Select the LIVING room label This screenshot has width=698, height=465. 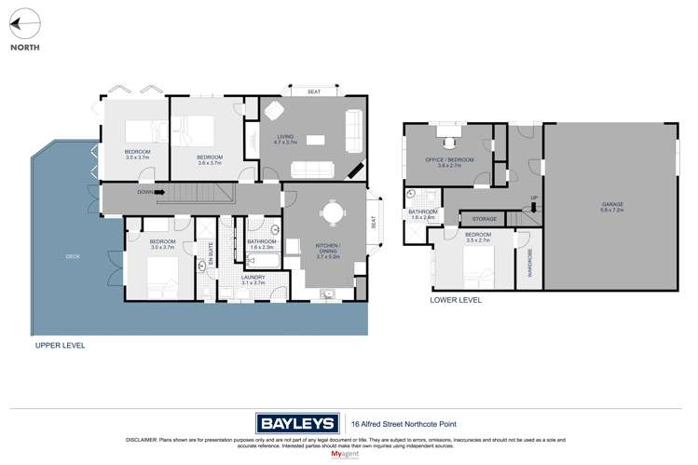point(285,139)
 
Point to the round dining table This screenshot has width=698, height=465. point(334,213)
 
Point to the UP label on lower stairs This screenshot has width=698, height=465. point(534,198)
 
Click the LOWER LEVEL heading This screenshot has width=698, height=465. point(456,301)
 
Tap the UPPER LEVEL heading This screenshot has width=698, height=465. point(59,345)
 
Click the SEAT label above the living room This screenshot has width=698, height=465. point(314,90)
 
